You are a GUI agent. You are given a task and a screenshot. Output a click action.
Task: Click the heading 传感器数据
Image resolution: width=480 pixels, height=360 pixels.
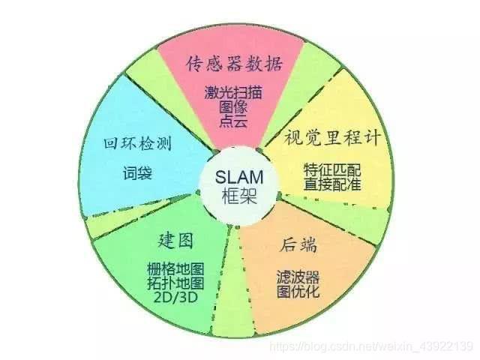[x=233, y=64]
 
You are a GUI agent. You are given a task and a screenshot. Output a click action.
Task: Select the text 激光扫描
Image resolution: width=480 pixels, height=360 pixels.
[x=233, y=92]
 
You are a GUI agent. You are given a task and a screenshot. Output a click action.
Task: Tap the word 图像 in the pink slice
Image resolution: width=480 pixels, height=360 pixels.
[x=233, y=106]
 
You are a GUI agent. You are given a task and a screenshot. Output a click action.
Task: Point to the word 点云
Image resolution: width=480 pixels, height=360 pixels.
[x=233, y=121]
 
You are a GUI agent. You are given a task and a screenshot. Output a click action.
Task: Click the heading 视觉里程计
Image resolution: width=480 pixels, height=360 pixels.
[x=332, y=137]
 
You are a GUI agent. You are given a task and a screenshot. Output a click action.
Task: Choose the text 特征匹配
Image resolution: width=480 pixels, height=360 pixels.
[x=332, y=170]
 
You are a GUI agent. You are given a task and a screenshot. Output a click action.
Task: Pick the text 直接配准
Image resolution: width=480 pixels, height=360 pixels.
[x=332, y=184]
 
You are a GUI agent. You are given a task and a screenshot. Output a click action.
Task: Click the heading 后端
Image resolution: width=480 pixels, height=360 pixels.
[x=298, y=244]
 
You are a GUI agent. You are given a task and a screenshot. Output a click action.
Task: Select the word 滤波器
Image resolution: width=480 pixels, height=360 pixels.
[x=298, y=277]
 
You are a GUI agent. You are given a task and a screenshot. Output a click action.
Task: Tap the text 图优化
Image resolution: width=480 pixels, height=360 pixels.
[x=298, y=292]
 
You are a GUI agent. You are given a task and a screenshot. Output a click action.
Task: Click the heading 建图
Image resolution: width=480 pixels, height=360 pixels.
[x=175, y=240]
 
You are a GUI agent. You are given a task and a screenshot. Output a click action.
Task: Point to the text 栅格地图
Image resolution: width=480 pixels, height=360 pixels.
[x=175, y=269]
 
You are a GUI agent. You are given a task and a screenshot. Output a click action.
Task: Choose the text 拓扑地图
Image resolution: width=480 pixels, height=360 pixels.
[x=175, y=283]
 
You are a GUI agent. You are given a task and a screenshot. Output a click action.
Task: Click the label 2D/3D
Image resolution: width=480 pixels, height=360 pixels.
[x=175, y=297]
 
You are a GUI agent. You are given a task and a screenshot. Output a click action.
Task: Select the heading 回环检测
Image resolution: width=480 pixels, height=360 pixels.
[x=137, y=143]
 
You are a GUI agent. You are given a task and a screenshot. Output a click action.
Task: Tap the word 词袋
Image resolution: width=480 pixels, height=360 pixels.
[x=137, y=173]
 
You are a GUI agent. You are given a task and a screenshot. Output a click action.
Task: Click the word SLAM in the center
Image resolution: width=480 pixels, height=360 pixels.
[x=239, y=177]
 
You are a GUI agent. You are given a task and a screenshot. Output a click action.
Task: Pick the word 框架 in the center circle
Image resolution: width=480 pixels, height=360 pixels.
[x=239, y=196]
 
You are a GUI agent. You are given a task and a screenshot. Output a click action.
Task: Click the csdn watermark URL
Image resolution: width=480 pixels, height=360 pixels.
[x=371, y=346]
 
